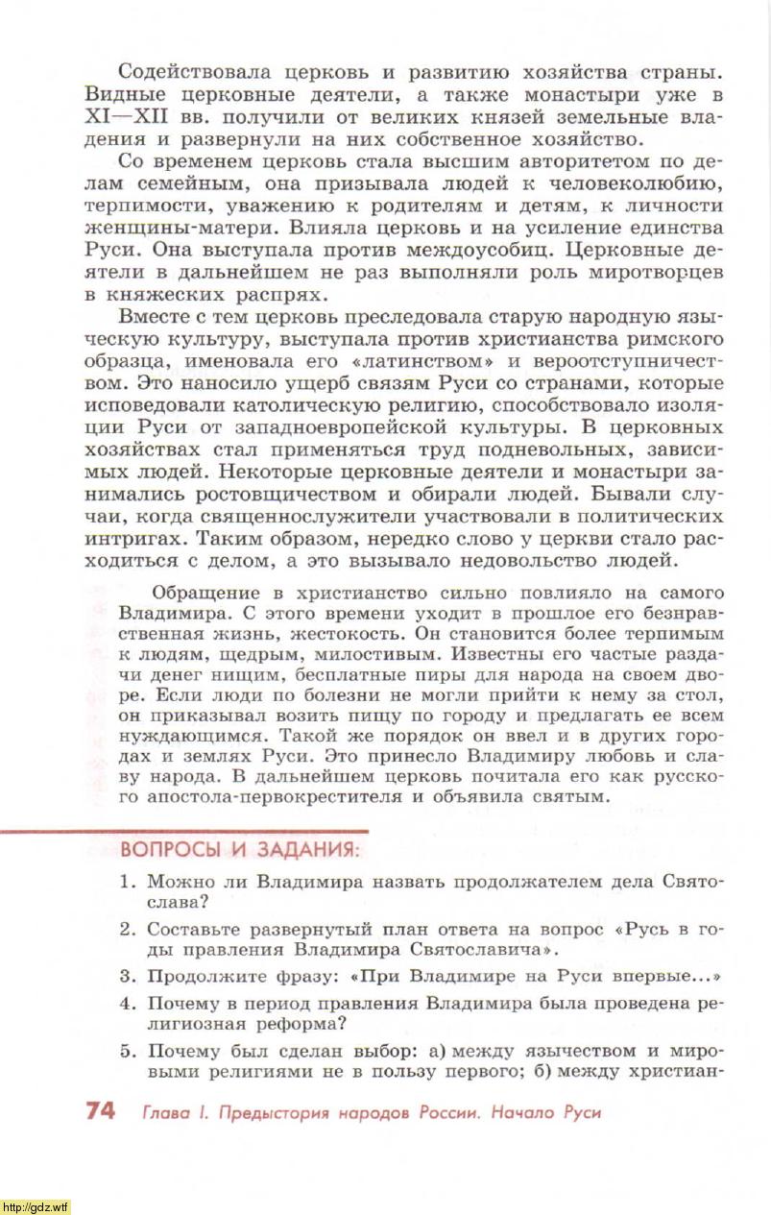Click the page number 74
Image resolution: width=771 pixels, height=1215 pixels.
point(100,1111)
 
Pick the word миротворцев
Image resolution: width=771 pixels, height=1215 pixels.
point(656,273)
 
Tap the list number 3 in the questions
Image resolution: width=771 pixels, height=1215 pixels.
point(126,976)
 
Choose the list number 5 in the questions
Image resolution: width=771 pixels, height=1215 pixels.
point(126,1050)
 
